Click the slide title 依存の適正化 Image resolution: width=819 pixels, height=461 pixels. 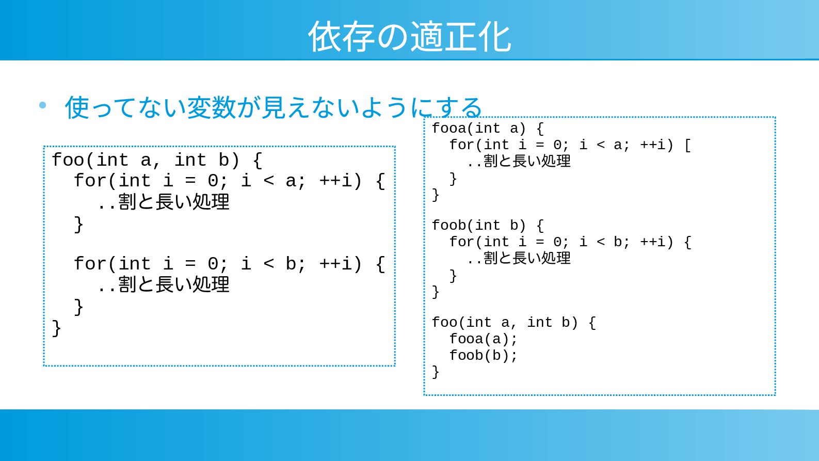pyautogui.click(x=409, y=37)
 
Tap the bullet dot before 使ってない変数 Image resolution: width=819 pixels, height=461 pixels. pyautogui.click(x=42, y=106)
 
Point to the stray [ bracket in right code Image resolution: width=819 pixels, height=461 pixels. pyautogui.click(x=687, y=145)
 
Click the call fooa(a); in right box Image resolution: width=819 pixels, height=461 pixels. pyautogui.click(x=483, y=339)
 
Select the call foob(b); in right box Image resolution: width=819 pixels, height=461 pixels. pyautogui.click(x=483, y=356)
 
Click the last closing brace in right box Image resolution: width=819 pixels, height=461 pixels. pyautogui.click(x=436, y=372)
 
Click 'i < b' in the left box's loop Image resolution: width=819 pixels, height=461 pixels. pyautogui.click(x=268, y=264)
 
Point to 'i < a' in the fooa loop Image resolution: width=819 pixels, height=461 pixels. pyautogui.click(x=601, y=145)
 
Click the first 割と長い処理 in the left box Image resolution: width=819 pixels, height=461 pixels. pyautogui.click(x=173, y=202)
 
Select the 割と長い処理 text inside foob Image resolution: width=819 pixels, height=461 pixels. pyautogui.click(x=527, y=258)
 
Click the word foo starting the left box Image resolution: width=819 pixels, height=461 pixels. pyautogui.click(x=68, y=161)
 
